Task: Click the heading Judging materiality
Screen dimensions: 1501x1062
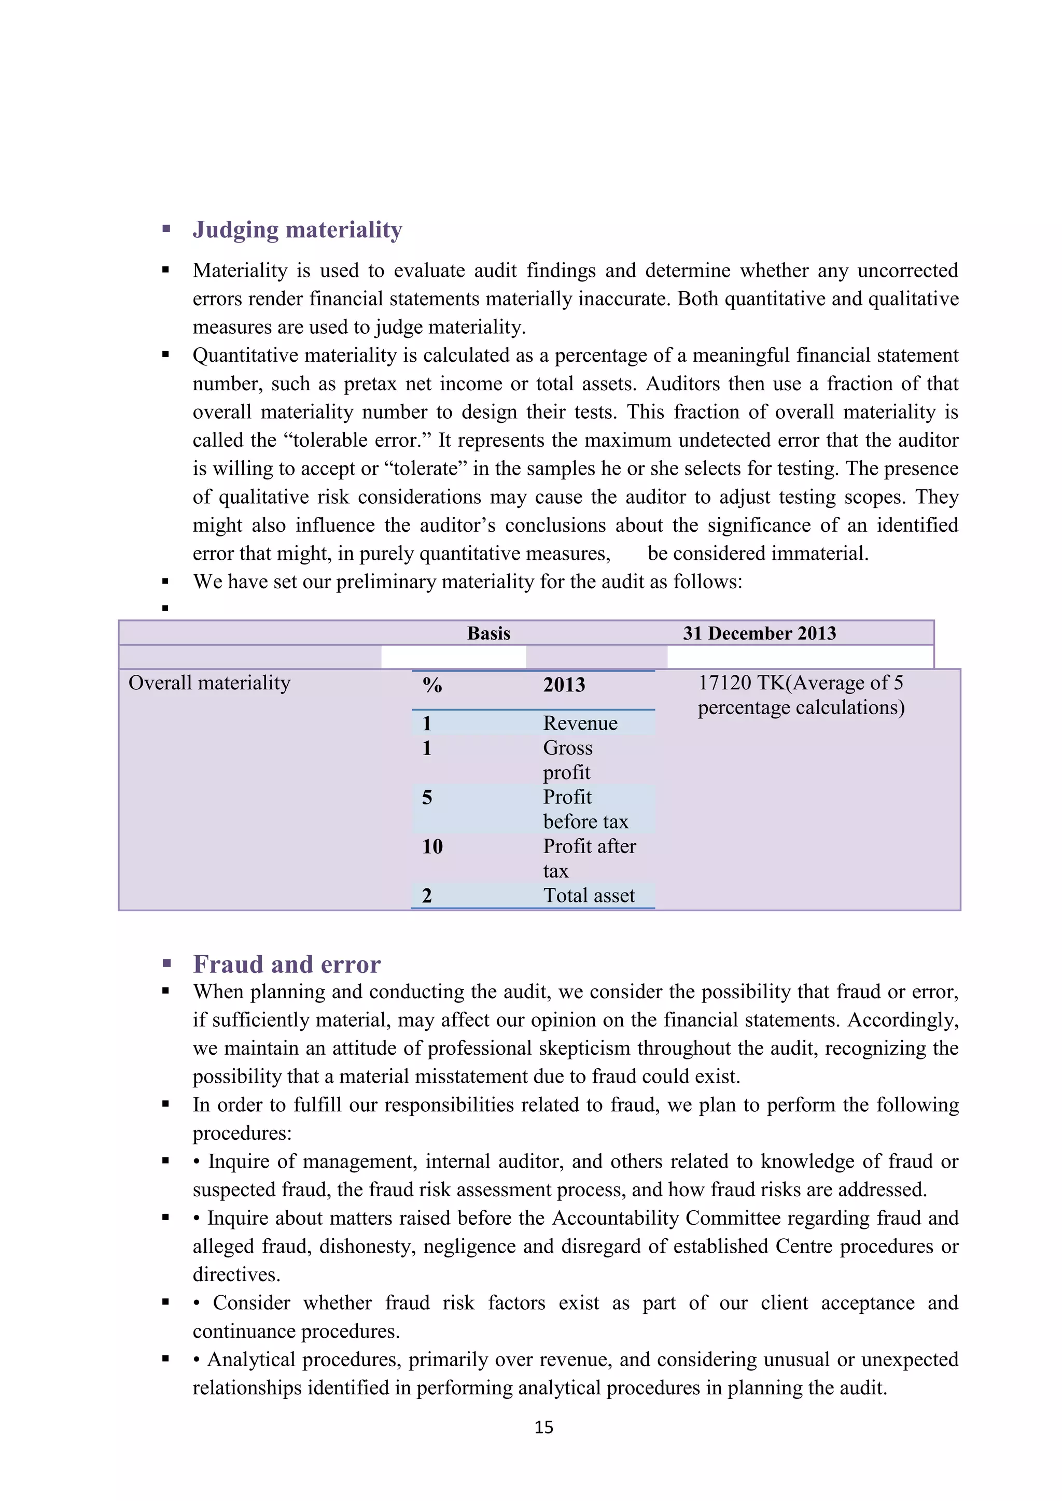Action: (297, 230)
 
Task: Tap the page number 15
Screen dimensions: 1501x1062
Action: (543, 1427)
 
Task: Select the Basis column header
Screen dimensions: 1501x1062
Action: (488, 633)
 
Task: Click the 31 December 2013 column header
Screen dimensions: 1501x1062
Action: (759, 633)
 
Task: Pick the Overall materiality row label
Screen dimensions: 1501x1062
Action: (209, 683)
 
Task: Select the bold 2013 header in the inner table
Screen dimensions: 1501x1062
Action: (564, 685)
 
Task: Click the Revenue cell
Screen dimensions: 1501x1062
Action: (580, 723)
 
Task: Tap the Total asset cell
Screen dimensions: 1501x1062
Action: (589, 896)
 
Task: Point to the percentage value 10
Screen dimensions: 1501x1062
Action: (432, 846)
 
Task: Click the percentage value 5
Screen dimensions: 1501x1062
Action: (427, 797)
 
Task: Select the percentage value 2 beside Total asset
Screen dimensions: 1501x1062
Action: (427, 896)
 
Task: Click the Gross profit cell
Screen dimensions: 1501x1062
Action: (568, 760)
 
